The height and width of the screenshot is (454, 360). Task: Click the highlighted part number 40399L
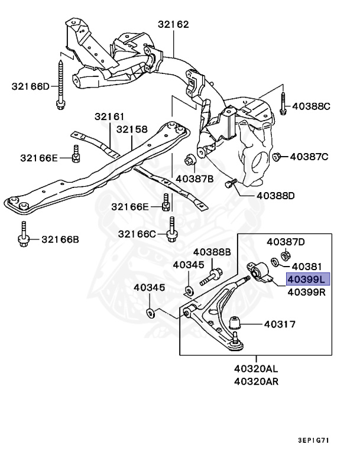306,279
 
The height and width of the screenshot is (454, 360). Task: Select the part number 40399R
306,291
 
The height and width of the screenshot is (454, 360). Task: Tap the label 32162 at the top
173,25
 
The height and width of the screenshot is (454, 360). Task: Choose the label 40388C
311,107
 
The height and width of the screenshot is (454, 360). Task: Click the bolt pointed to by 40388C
283,103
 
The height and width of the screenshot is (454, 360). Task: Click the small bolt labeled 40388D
229,184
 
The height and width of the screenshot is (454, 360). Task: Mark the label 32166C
137,234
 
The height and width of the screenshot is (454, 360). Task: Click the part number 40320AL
256,368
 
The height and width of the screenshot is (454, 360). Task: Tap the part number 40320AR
256,381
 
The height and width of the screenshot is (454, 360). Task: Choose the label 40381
306,266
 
